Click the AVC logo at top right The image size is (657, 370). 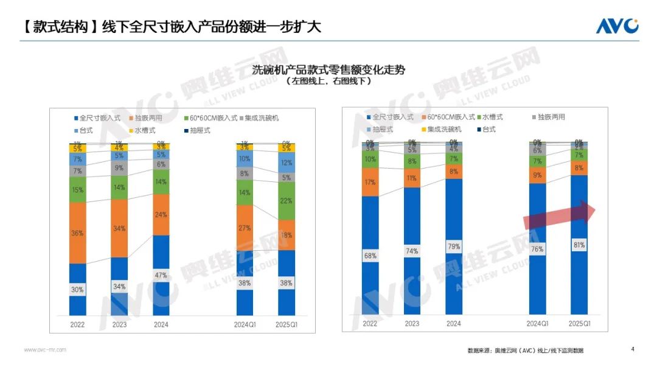(x=616, y=26)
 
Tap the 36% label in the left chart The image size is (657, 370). (x=77, y=233)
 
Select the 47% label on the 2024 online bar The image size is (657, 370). (x=161, y=275)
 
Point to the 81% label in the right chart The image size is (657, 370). (x=579, y=245)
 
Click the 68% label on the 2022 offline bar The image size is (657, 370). (x=370, y=256)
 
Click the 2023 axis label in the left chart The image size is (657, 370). (x=119, y=325)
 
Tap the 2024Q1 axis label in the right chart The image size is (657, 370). (x=537, y=324)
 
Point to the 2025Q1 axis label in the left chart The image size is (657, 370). (x=287, y=325)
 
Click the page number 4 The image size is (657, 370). (x=633, y=349)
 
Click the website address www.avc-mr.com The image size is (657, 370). (x=45, y=350)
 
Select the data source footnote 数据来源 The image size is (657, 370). (x=529, y=351)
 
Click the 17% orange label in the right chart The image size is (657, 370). (x=370, y=182)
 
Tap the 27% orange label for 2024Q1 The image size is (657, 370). (x=245, y=228)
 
